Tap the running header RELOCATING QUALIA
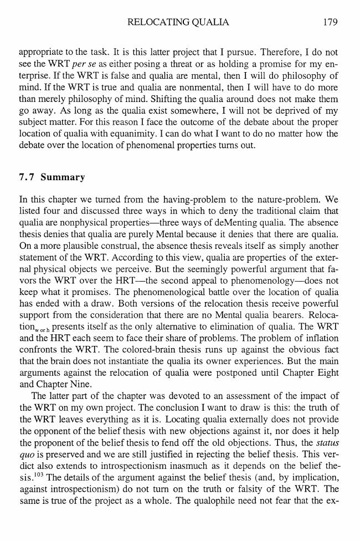tap(178, 22)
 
